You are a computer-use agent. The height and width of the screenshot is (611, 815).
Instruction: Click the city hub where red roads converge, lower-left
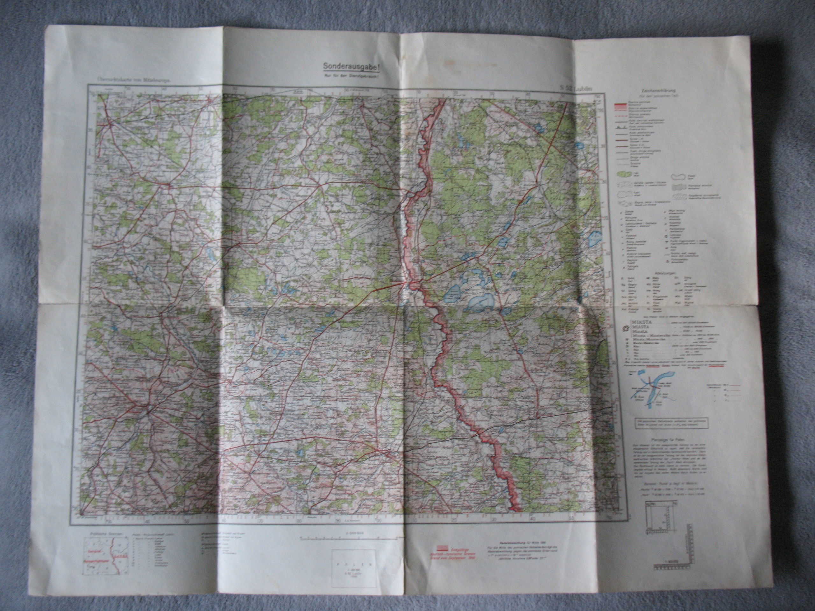(148, 411)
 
